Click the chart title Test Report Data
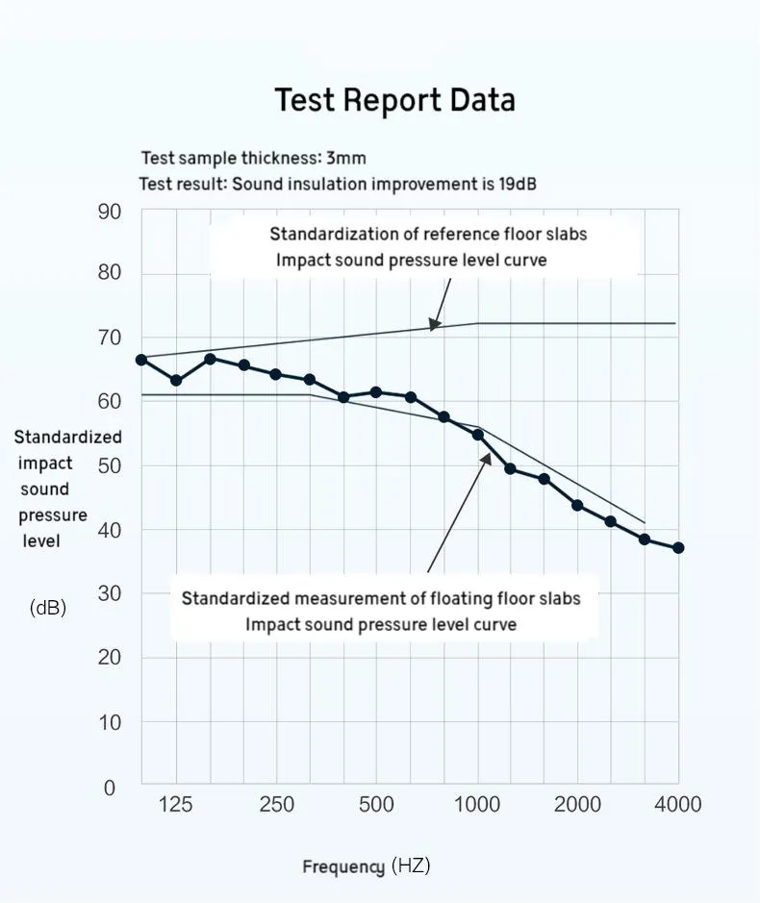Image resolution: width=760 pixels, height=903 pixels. [x=394, y=100]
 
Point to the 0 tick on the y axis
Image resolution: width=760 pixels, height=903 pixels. [x=109, y=789]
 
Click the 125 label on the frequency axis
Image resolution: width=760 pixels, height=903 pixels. [x=175, y=805]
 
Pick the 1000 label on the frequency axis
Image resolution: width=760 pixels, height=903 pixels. [x=477, y=805]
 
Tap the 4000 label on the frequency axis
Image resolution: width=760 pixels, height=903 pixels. [x=678, y=805]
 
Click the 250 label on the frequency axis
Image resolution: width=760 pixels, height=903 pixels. [x=277, y=805]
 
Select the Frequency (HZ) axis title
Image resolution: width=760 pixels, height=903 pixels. [x=367, y=866]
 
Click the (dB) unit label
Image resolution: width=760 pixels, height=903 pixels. [x=48, y=608]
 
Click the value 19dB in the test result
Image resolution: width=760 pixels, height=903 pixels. [x=518, y=183]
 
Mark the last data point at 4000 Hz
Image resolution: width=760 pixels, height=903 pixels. [x=678, y=548]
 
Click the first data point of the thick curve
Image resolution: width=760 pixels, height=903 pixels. [x=141, y=360]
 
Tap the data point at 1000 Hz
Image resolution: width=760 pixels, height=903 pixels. [x=478, y=435]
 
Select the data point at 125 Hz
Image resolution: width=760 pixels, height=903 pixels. [x=176, y=381]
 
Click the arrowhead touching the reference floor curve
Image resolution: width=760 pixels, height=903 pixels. [x=435, y=325]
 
